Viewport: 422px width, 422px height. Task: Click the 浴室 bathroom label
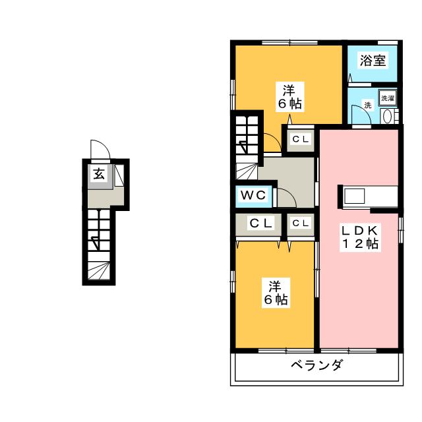[x=372, y=61]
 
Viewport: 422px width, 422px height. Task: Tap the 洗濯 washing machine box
[x=387, y=98]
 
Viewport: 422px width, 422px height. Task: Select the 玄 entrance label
[x=98, y=175]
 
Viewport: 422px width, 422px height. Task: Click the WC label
[x=252, y=196]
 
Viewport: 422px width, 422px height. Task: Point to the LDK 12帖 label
[x=359, y=237]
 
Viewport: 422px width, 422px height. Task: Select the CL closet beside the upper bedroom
[x=301, y=139]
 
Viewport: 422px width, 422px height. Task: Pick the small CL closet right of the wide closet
[x=301, y=224]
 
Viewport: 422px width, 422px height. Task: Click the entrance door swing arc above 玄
[x=98, y=148]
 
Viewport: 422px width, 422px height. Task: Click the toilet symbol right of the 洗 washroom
[x=388, y=117]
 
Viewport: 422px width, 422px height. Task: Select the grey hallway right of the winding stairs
[x=290, y=171]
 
